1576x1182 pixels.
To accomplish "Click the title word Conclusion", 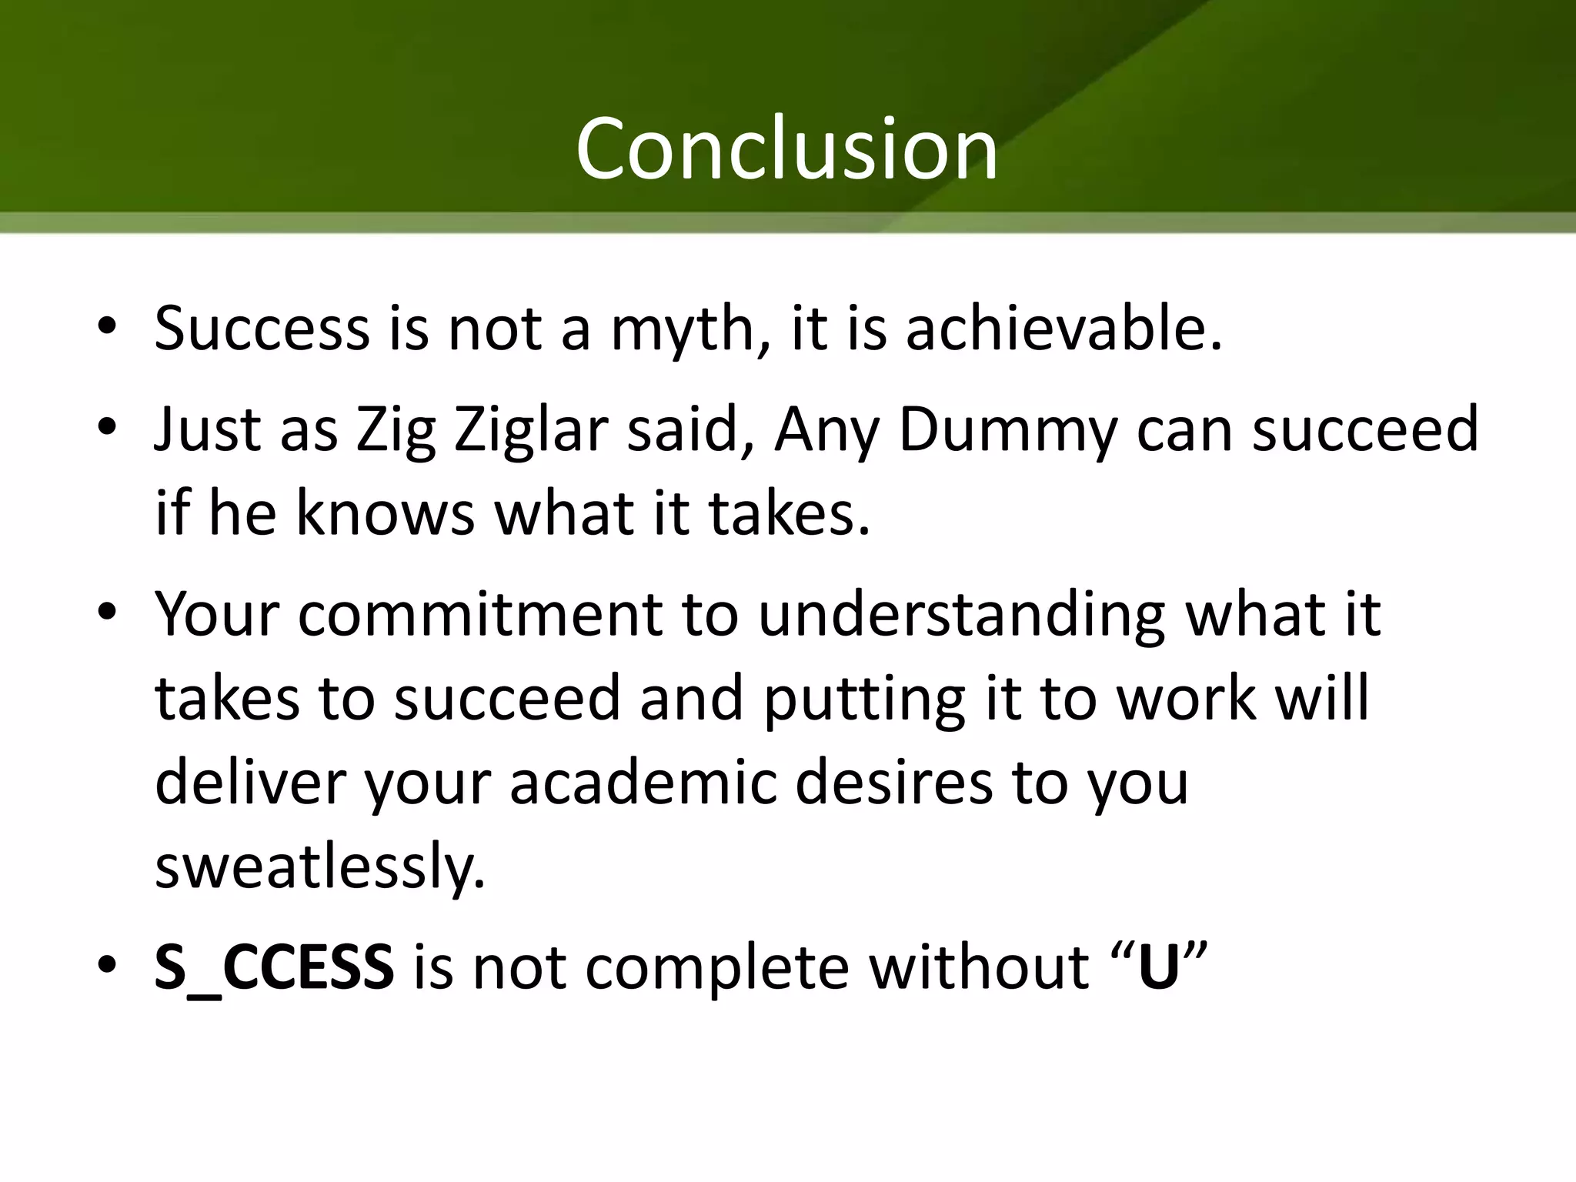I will pos(786,148).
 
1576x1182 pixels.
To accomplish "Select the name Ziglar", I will pos(533,429).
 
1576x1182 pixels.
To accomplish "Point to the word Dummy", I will pos(1007,429).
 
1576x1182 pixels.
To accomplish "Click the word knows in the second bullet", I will pos(385,513).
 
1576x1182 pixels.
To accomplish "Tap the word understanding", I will pos(961,614).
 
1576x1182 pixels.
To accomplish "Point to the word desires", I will pos(893,783).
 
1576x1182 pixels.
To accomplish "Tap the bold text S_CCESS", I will pos(274,967).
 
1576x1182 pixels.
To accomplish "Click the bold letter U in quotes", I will pos(1158,967).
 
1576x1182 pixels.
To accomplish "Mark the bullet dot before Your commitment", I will pos(107,612).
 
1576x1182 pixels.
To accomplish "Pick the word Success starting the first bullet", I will pos(262,329).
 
